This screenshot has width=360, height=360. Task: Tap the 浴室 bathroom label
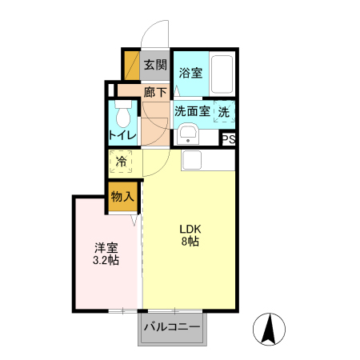(x=190, y=73)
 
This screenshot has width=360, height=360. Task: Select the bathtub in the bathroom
(x=221, y=75)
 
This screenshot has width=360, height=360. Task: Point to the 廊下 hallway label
(x=155, y=91)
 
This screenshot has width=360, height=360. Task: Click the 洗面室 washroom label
(x=192, y=111)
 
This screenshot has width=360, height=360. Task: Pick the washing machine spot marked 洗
(x=225, y=111)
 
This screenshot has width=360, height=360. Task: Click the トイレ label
(x=122, y=135)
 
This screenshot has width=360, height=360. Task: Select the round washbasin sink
(x=189, y=134)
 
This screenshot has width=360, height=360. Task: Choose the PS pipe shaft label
(x=229, y=138)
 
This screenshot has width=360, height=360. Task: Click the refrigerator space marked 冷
(x=122, y=162)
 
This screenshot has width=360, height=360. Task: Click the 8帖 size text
(x=190, y=242)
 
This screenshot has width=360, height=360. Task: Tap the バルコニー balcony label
(x=172, y=326)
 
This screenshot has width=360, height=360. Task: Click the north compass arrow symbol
(x=270, y=329)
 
